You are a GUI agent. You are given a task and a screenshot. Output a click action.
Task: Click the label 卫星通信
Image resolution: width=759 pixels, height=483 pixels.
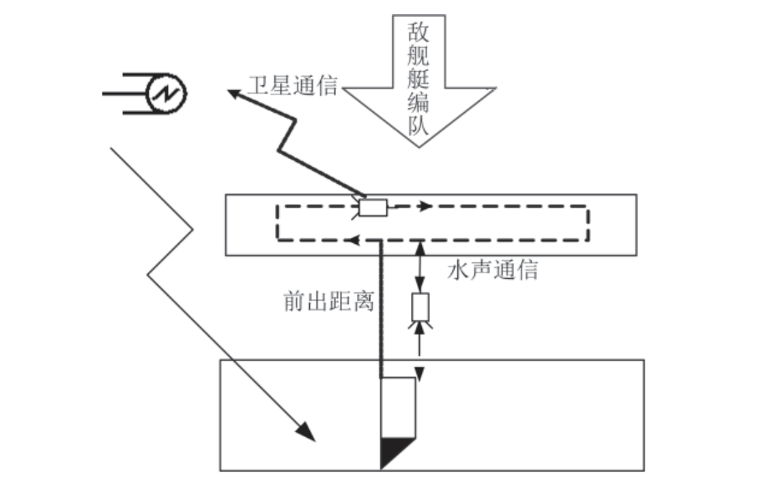[293, 85]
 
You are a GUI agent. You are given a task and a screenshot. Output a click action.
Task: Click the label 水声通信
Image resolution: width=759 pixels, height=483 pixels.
[492, 271]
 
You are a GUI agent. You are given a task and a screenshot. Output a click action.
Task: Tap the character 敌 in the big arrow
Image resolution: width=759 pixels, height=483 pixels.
[418, 33]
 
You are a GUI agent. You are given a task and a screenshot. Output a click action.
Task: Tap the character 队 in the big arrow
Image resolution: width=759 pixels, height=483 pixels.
[418, 127]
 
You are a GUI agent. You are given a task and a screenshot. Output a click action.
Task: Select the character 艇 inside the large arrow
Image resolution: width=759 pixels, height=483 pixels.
[418, 80]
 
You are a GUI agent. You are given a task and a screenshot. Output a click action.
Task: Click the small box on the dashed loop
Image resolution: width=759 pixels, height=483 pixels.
[371, 207]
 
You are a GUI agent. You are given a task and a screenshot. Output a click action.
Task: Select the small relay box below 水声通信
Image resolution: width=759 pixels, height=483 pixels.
[420, 308]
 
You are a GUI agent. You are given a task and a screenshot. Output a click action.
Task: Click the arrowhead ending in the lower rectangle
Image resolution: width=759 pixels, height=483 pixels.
[306, 431]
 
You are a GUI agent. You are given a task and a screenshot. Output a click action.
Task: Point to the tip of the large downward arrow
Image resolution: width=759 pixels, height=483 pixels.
[418, 145]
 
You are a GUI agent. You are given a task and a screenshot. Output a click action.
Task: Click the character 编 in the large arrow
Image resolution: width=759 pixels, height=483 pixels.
[418, 104]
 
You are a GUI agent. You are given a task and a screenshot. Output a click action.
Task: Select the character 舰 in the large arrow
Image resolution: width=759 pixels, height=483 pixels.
[418, 57]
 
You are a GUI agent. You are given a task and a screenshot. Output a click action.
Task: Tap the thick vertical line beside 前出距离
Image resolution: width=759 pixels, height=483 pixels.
[380, 309]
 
